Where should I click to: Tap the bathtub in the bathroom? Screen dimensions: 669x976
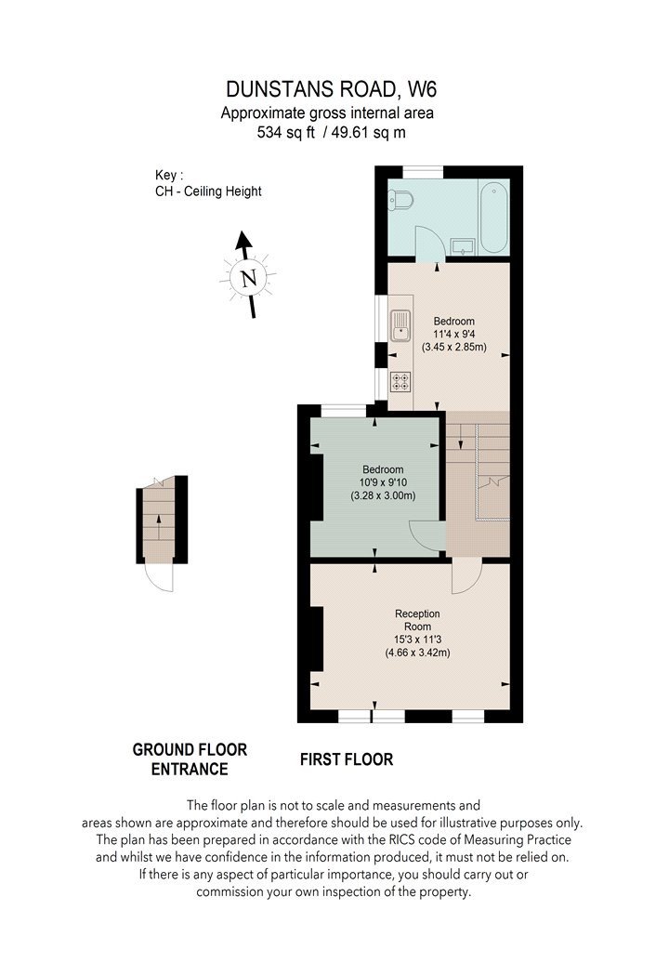pyautogui.click(x=493, y=217)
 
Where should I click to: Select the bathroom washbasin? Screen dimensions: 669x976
pyautogui.click(x=463, y=246)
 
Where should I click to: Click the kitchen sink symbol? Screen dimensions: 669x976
pyautogui.click(x=400, y=325)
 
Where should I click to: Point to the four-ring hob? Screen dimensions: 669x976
pyautogui.click(x=400, y=381)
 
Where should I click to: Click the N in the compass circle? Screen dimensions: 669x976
pyautogui.click(x=249, y=278)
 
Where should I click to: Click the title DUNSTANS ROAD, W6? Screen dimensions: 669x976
pyautogui.click(x=331, y=89)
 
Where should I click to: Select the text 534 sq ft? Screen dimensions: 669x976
pyautogui.click(x=286, y=132)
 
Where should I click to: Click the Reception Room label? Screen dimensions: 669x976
pyautogui.click(x=417, y=620)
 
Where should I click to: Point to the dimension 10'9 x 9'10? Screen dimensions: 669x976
pyautogui.click(x=383, y=482)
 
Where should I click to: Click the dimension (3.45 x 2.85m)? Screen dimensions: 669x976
pyautogui.click(x=453, y=347)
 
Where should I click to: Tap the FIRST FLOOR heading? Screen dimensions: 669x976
pyautogui.click(x=347, y=759)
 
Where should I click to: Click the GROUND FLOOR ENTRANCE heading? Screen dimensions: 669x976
pyautogui.click(x=190, y=759)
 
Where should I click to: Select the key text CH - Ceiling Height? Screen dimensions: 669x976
pyautogui.click(x=208, y=191)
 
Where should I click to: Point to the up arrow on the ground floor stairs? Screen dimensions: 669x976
pyautogui.click(x=158, y=527)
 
